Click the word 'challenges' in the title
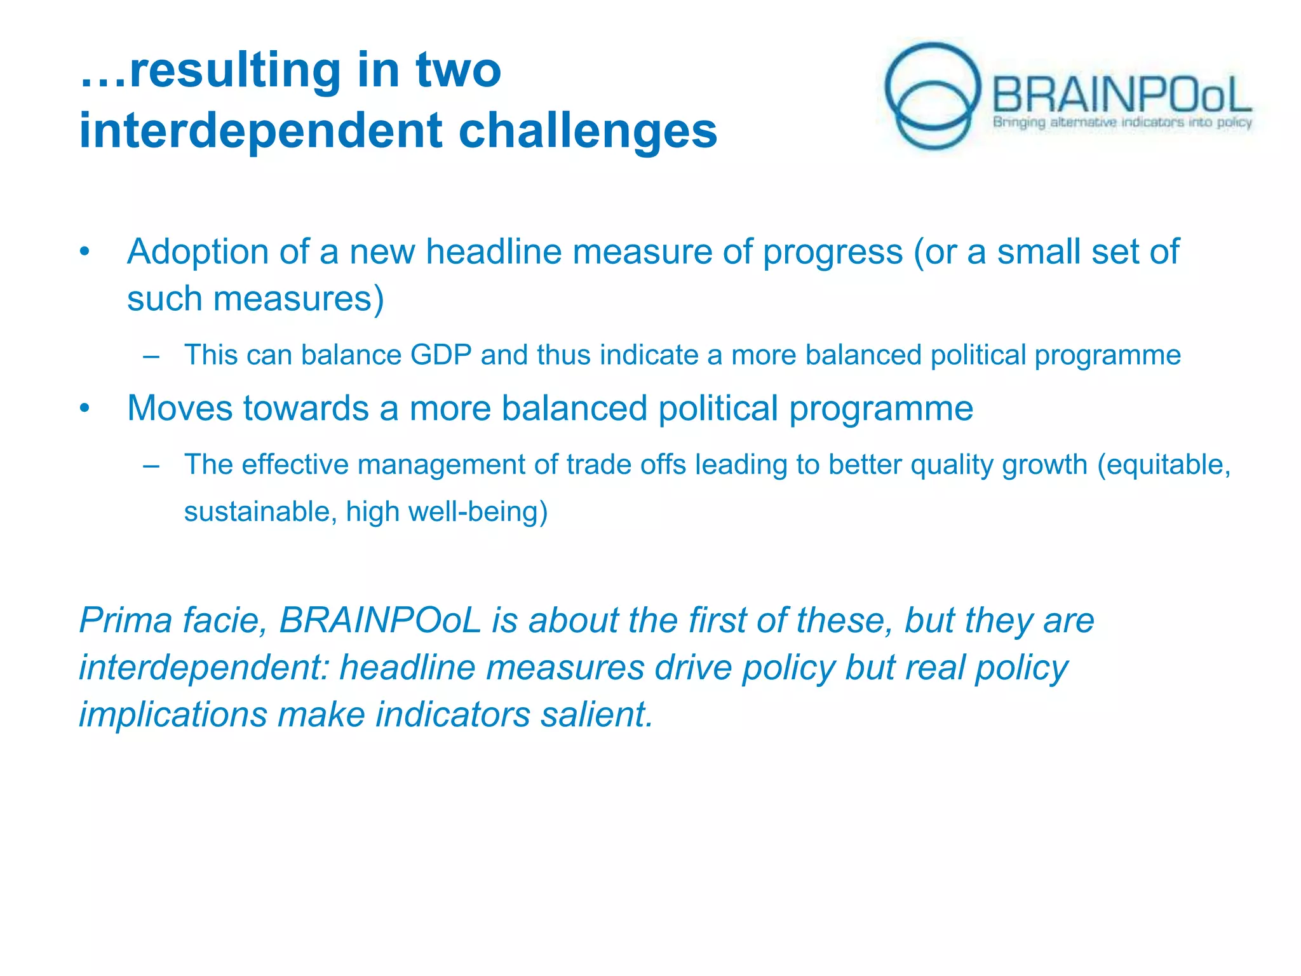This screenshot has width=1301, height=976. [588, 132]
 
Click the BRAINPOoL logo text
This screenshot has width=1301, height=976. [1121, 95]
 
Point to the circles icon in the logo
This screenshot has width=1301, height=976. [933, 95]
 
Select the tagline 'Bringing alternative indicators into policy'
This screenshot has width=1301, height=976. [1122, 122]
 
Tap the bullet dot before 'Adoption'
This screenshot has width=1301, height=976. [85, 252]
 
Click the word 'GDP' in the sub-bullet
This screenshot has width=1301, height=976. [441, 355]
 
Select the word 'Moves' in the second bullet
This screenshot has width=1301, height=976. [180, 408]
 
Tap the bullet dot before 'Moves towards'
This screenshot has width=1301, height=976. [85, 409]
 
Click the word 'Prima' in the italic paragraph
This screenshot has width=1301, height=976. [125, 620]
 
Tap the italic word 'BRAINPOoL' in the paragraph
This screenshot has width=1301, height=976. [380, 620]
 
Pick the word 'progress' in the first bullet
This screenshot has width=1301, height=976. [832, 252]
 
